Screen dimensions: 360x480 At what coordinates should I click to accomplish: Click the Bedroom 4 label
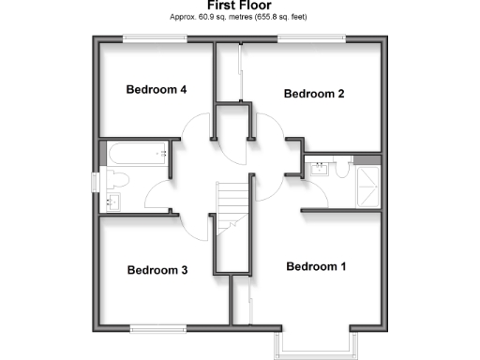pos(157,90)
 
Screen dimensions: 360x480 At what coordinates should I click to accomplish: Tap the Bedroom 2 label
pos(315,94)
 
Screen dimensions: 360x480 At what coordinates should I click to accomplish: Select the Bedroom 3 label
pos(157,270)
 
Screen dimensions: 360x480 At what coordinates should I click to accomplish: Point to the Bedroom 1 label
pos(316,266)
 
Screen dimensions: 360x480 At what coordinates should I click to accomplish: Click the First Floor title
pos(240,6)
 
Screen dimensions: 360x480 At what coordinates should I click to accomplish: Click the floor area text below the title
pos(240,17)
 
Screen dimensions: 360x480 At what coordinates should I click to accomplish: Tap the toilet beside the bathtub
pos(117,179)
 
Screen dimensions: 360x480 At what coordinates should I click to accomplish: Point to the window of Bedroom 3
pos(157,327)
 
